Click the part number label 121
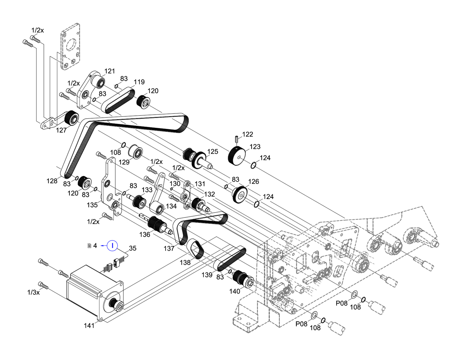click(x=110, y=71)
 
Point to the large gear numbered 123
click(x=237, y=155)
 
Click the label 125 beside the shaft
click(x=213, y=152)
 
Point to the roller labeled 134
click(x=156, y=208)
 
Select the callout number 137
click(x=169, y=248)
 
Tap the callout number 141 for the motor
click(x=89, y=326)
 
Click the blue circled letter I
click(x=112, y=246)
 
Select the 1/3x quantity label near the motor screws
click(x=34, y=292)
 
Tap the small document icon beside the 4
click(x=89, y=246)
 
